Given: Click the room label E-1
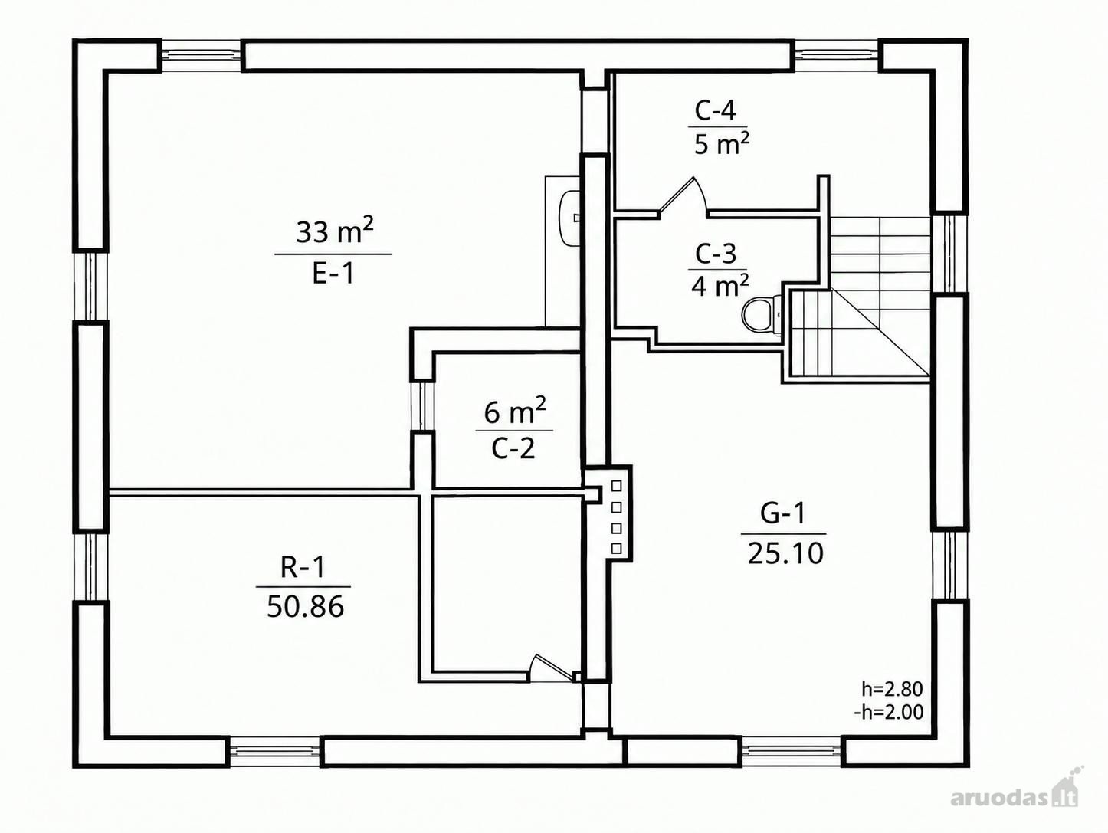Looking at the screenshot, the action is (x=333, y=274).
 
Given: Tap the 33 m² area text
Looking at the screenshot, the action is (x=335, y=231).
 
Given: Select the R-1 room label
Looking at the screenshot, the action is (x=303, y=566).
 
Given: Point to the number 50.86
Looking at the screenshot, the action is (x=306, y=606).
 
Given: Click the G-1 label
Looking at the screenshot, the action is (x=783, y=514).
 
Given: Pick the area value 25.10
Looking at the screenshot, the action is (x=785, y=553).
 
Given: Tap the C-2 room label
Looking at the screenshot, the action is (x=513, y=448).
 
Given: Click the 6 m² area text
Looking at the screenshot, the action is (x=514, y=411).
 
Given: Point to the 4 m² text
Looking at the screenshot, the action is (x=720, y=287).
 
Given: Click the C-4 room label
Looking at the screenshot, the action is (x=715, y=111).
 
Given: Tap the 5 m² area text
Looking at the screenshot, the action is (x=722, y=144).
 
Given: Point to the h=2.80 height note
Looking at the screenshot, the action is (x=892, y=689).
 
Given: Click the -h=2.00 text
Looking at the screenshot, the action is (x=888, y=712).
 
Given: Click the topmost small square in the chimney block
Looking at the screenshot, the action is (x=616, y=486).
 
